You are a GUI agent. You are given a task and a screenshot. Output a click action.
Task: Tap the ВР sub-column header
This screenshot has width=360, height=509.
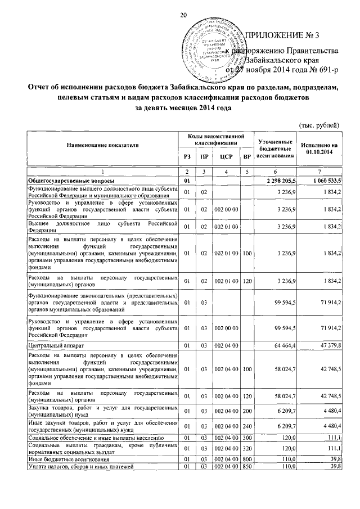tap(245, 156)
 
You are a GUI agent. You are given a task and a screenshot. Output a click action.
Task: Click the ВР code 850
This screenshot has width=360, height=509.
tap(245, 467)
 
